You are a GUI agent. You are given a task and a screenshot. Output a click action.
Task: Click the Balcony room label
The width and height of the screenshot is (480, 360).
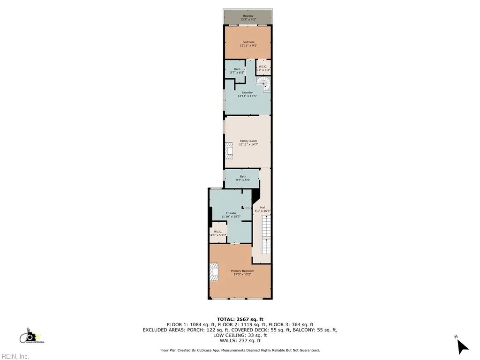[x=248, y=18]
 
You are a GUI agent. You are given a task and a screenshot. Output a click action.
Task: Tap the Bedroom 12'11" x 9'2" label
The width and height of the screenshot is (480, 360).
[x=248, y=44]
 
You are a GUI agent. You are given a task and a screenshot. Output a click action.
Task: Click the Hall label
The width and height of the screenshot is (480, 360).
[x=262, y=210]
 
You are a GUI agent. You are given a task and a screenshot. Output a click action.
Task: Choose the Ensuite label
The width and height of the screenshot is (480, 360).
[x=231, y=215]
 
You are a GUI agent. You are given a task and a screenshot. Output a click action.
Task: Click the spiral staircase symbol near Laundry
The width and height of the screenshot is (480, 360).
[x=265, y=83]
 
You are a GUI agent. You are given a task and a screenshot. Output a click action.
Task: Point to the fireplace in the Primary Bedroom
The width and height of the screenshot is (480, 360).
[x=214, y=272]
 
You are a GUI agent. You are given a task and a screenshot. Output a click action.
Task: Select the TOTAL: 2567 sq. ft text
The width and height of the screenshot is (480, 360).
[x=240, y=319]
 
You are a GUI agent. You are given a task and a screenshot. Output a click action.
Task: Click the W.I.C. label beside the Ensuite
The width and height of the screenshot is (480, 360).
[x=218, y=233]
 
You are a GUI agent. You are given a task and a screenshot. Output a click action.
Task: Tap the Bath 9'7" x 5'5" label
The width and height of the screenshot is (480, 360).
[x=242, y=178]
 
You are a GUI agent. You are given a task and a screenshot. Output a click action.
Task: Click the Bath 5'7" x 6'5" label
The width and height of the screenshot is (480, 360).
[x=237, y=71]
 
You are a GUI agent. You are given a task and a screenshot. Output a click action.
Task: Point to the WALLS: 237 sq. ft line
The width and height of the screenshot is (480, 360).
[x=240, y=341]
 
